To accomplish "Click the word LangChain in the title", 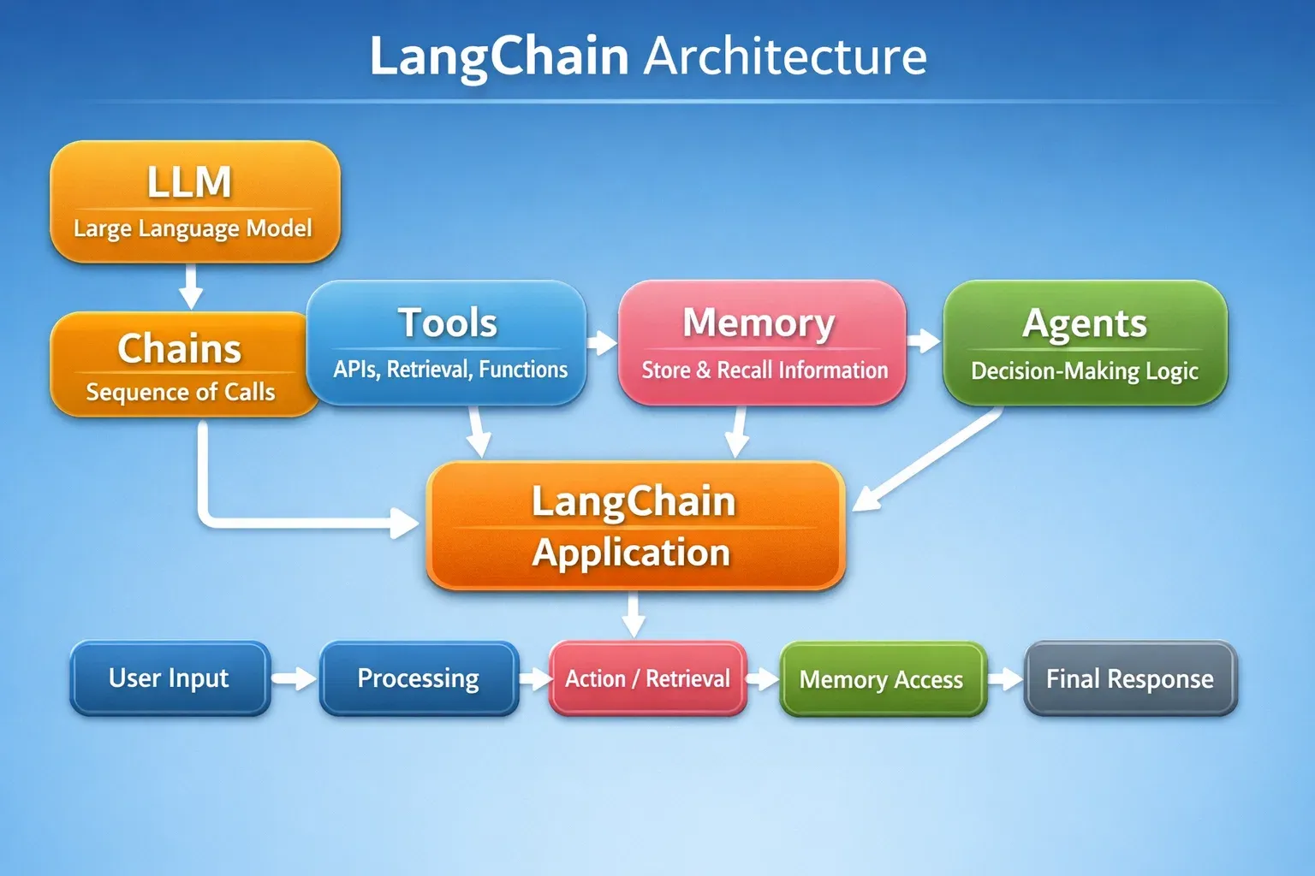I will click(499, 56).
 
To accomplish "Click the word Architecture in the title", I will click(784, 56).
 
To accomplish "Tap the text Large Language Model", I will click(193, 228).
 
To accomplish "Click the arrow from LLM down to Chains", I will click(191, 287).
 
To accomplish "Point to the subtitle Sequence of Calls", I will click(180, 392).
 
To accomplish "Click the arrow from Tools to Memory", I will click(603, 343).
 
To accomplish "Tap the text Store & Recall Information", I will click(765, 370).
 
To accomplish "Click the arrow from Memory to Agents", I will click(924, 341).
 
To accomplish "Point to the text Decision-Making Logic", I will click(1084, 370).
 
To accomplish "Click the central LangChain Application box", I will click(634, 526).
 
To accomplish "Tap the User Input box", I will click(170, 678).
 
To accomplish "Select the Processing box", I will click(418, 678).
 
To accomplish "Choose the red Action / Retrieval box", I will click(647, 678).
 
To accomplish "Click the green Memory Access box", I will click(882, 679).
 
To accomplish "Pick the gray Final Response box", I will click(1129, 678).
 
